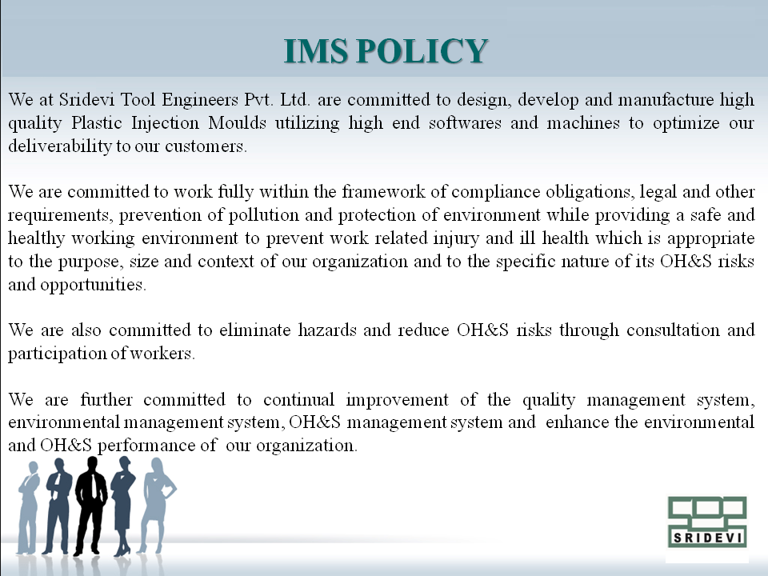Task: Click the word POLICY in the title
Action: [422, 51]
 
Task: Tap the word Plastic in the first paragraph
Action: [97, 122]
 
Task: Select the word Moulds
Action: [237, 122]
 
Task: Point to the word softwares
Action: [465, 122]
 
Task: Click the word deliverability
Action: [60, 146]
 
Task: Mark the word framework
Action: [383, 191]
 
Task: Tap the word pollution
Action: [264, 215]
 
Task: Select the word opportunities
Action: [93, 285]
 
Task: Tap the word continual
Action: [298, 400]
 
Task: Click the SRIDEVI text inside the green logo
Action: [707, 538]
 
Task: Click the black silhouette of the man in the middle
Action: [90, 505]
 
